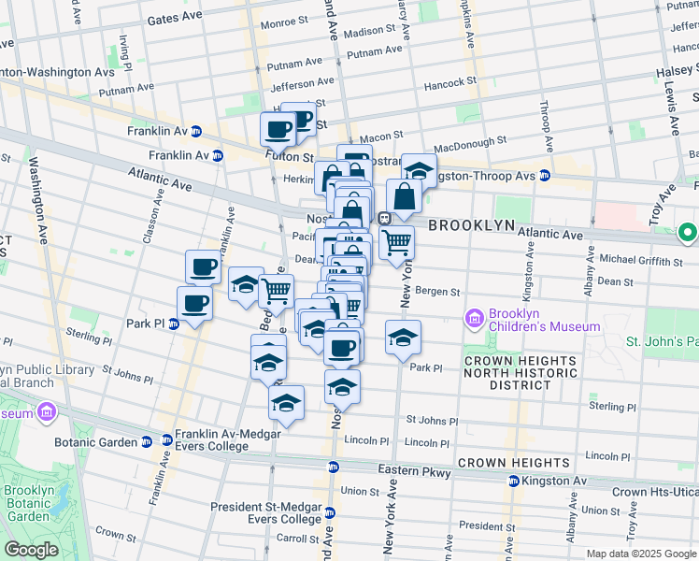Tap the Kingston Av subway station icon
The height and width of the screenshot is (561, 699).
coord(513,482)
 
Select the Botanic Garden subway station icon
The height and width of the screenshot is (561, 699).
coord(147,441)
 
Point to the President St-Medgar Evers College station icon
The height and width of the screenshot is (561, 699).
coord(329,513)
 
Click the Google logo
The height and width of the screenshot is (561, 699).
coord(32,550)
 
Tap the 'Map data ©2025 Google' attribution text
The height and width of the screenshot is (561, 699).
coord(641,554)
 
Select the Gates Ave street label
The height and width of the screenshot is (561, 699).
coord(175,19)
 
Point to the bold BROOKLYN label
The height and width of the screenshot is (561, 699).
coord(472,225)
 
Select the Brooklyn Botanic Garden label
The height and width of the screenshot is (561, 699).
coord(26,503)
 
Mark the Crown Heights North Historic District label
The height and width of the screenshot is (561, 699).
coord(520,372)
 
